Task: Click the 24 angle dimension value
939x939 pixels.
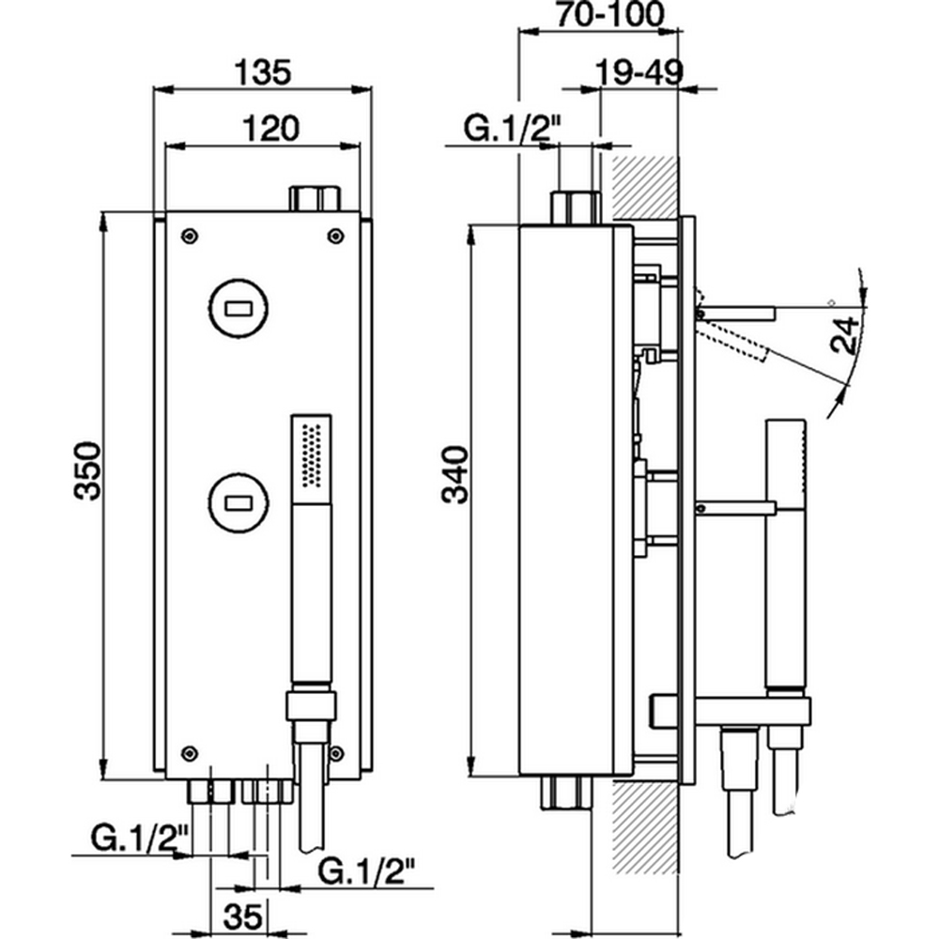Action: point(846,333)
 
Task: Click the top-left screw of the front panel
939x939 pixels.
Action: point(191,235)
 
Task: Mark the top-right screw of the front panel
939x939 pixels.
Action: point(335,235)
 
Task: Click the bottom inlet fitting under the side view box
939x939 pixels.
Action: point(570,793)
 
